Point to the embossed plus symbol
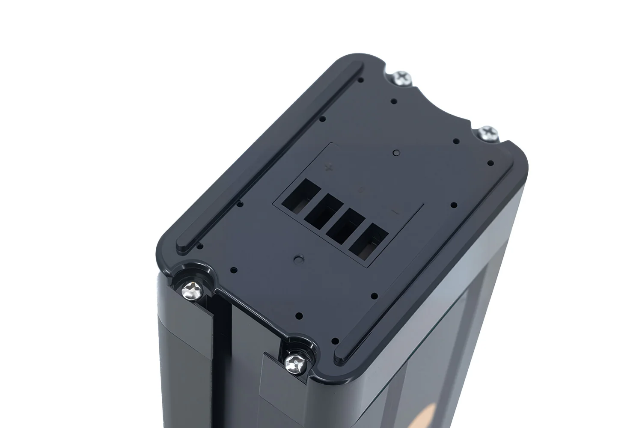coord(329,167)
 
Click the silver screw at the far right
coord(486,132)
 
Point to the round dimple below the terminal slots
coord(298,259)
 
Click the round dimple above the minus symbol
coord(395,152)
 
